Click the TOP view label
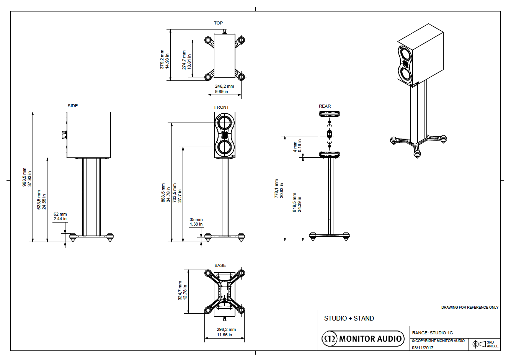pos(218,23)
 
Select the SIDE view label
pos(73,106)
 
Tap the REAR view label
pos(325,106)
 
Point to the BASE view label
pos(220,265)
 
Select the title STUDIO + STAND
pos(349,318)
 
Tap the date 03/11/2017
pos(423,348)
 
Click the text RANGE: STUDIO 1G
pos(432,333)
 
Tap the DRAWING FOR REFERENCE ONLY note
pos(470,307)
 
